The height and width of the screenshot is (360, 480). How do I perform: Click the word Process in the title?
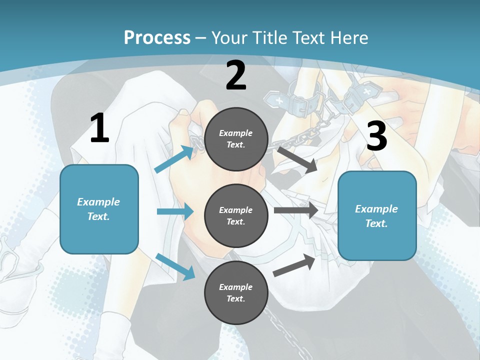157,37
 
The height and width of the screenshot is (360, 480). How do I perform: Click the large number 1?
99,128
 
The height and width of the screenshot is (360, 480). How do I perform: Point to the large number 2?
236,75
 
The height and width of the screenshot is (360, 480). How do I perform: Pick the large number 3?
376,136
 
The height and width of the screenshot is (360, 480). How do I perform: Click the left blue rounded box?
99,209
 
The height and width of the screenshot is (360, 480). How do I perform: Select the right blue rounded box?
377,215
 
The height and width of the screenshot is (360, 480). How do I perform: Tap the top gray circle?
236,138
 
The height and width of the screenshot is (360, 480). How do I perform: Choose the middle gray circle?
236,215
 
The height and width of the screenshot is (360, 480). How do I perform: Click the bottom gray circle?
236,292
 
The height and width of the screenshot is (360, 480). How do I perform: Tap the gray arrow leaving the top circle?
296,159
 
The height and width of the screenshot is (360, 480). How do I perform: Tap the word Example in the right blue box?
376,209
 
